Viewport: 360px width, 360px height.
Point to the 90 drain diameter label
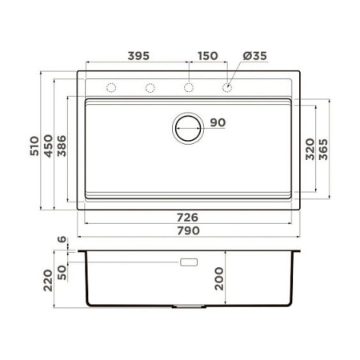pos(218,123)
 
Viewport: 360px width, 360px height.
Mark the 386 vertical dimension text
pos(66,146)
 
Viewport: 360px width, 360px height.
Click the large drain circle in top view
pos(190,124)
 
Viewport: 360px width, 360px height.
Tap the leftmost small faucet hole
pos(112,87)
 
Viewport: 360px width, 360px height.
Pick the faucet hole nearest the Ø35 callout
pos(227,87)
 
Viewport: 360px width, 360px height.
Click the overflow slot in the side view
pos(190,262)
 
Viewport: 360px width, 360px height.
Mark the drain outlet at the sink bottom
pos(190,307)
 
